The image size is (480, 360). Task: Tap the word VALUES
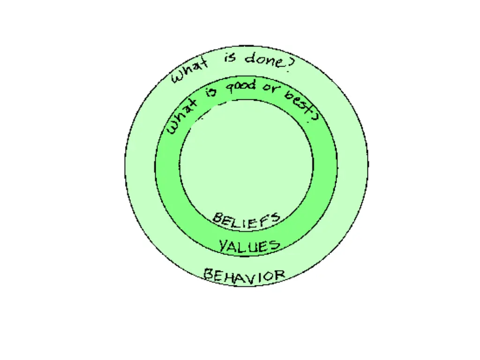coord(249,246)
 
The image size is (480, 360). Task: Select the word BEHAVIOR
coord(244,275)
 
